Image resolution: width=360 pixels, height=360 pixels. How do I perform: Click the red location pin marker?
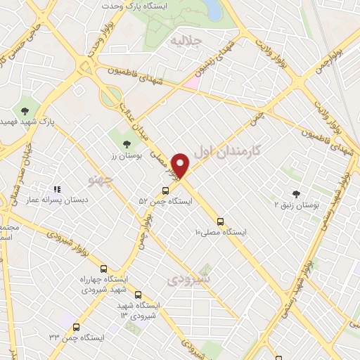[181, 165]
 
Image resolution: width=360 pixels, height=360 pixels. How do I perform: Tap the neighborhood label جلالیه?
[186, 41]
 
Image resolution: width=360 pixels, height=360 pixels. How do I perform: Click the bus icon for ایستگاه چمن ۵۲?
[166, 190]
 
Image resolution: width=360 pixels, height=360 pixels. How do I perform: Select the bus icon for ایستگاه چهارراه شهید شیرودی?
[104, 269]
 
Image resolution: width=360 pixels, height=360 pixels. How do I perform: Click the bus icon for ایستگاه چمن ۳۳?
[75, 327]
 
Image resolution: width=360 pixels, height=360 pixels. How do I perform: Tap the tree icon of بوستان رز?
[127, 144]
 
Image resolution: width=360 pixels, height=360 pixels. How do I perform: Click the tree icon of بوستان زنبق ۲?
[296, 193]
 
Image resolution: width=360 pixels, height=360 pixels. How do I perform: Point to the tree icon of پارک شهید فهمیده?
[26, 110]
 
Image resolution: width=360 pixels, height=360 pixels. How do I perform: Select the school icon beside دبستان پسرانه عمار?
[57, 189]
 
